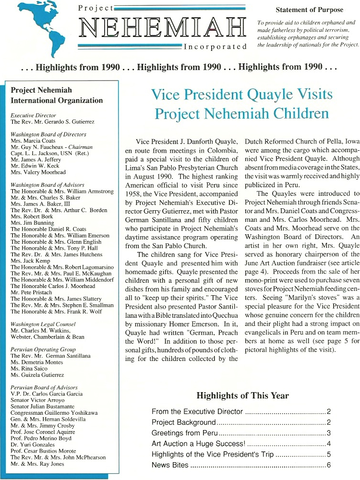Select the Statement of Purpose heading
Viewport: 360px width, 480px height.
pos(310,10)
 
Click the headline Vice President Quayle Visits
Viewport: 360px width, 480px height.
pos(241,94)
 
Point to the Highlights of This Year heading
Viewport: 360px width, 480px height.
pos(242,396)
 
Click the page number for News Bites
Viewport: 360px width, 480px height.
pos(329,465)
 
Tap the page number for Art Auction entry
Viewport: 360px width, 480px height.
pos(329,444)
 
